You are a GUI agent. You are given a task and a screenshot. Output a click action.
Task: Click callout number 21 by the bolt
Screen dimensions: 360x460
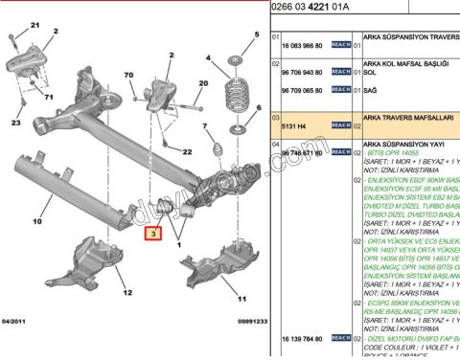pyautogui.click(x=37, y=23)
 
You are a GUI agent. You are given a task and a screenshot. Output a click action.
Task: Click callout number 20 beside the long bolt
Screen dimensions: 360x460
pyautogui.click(x=202, y=83)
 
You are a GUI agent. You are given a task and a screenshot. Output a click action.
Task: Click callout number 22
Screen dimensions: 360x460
pyautogui.click(x=187, y=152)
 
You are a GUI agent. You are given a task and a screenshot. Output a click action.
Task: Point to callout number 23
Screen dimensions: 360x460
pyautogui.click(x=15, y=124)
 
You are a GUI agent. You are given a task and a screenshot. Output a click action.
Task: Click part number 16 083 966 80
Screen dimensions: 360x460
pyautogui.click(x=303, y=45)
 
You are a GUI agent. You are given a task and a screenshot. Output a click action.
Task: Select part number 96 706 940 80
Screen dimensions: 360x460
pyautogui.click(x=303, y=72)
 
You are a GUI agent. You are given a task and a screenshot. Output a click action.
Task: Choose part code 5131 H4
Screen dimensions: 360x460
pyautogui.click(x=295, y=125)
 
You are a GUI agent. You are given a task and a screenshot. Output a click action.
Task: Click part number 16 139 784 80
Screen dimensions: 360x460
pyautogui.click(x=303, y=339)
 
